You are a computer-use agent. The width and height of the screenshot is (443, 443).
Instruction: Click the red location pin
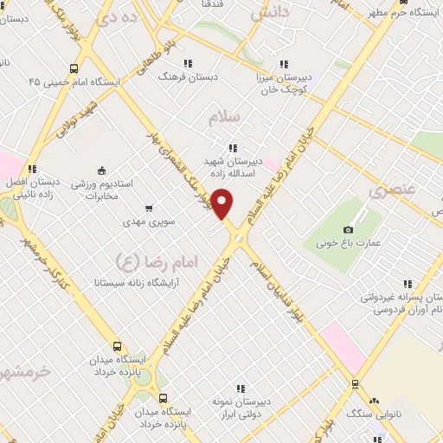click(222, 204)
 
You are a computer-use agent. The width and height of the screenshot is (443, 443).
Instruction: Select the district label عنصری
click(393, 188)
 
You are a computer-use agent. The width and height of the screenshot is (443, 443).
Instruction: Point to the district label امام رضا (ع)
click(144, 259)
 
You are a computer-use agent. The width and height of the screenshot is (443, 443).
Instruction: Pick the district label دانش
click(270, 14)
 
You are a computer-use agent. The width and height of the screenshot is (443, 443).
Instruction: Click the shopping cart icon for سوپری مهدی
click(149, 208)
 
